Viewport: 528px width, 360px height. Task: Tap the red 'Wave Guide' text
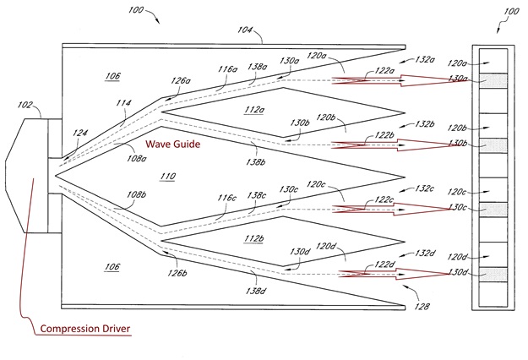pos(173,145)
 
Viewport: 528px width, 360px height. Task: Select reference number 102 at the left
pos(25,106)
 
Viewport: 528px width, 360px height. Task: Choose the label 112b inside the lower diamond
pos(253,237)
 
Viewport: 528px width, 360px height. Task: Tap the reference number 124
pos(80,133)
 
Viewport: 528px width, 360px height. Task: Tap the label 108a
pos(135,156)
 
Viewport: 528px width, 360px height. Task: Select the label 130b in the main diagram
pos(300,124)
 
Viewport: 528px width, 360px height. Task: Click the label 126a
pos(180,81)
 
